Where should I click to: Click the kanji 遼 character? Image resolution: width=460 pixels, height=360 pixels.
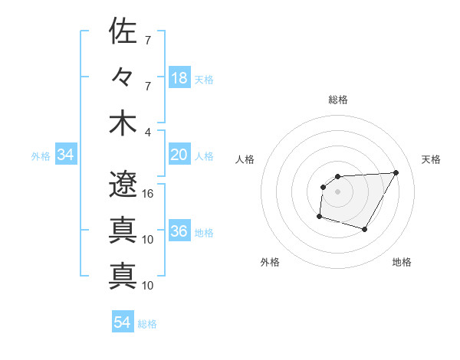coord(123,183)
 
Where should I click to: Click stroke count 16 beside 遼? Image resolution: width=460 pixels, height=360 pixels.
coord(148,193)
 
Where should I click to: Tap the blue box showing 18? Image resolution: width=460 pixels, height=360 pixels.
coord(179,78)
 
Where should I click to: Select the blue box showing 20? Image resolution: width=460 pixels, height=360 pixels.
coord(179,155)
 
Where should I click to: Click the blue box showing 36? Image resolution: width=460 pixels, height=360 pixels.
coord(179,232)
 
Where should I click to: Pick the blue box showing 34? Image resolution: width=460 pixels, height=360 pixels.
coord(66,155)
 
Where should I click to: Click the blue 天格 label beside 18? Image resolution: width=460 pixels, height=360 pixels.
coord(204,79)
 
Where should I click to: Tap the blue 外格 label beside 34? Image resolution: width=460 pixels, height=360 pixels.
coord(41,156)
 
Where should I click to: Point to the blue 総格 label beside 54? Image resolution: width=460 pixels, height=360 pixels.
coord(147,324)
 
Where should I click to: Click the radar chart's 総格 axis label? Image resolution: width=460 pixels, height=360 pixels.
coord(338,100)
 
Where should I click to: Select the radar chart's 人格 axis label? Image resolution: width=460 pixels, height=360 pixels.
coord(245,159)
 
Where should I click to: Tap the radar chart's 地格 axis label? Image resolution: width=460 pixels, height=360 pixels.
coord(402,263)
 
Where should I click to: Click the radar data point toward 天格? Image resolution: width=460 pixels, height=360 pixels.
coord(396,172)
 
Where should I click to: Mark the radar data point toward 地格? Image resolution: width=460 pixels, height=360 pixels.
coord(365,230)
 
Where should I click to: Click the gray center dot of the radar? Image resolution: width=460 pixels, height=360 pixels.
coord(337,191)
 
